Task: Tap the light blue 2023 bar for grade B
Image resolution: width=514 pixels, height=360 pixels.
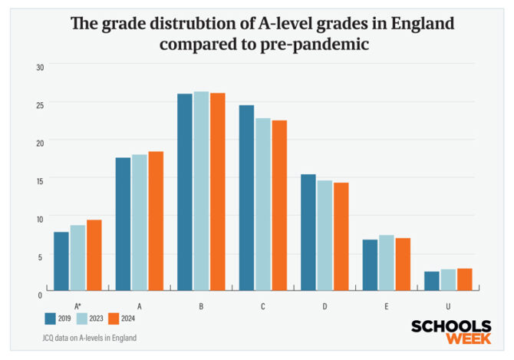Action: [201, 191]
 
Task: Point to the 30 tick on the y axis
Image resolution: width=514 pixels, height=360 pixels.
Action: [40, 68]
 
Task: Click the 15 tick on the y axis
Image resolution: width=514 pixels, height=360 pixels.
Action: [40, 180]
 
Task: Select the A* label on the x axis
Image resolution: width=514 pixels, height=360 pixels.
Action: [77, 306]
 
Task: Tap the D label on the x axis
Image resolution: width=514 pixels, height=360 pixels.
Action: [325, 306]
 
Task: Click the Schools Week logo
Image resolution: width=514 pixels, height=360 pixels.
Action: [450, 332]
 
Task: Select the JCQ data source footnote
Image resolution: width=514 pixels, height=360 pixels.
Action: [85, 338]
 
